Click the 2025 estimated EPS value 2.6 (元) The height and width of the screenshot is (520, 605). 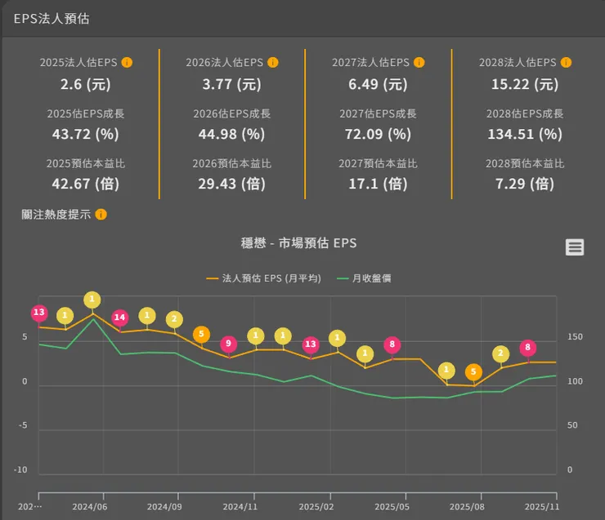[x=85, y=83]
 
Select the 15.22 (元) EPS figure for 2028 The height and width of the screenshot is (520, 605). [x=524, y=83]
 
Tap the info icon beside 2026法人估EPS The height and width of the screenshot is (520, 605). [x=273, y=62]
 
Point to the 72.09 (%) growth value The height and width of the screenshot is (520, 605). [x=378, y=134]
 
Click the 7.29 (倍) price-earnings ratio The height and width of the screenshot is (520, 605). [x=524, y=184]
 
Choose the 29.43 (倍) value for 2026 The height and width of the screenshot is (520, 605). [x=231, y=184]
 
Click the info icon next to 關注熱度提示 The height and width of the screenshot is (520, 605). [x=101, y=215]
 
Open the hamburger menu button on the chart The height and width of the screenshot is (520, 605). [x=575, y=247]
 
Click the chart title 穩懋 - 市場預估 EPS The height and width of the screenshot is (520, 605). [x=298, y=243]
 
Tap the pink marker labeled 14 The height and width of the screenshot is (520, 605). [x=120, y=317]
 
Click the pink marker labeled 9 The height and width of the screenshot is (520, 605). [x=229, y=344]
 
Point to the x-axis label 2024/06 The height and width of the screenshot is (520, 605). [x=90, y=507]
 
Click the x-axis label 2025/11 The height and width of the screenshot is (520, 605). [x=540, y=507]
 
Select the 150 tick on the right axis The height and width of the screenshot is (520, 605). [x=576, y=337]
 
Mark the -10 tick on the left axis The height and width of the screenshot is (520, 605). [x=20, y=470]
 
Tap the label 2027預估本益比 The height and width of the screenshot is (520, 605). [x=378, y=164]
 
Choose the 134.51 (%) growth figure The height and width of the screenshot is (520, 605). [x=524, y=134]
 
